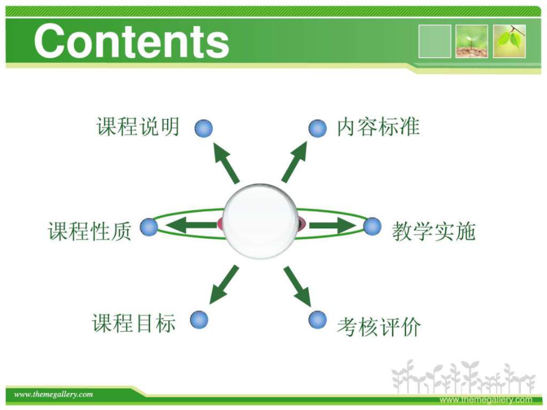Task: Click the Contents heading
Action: tap(131, 41)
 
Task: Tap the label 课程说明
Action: tap(138, 126)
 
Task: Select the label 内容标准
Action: tap(378, 126)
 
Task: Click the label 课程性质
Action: tap(89, 231)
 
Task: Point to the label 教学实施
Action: tap(433, 231)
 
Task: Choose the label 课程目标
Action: tap(134, 323)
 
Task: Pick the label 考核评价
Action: tap(379, 327)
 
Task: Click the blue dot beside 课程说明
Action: tap(204, 128)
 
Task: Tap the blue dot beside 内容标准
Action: tap(318, 128)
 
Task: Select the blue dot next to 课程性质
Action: tap(149, 227)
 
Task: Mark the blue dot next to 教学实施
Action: tap(372, 227)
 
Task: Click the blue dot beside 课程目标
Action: tap(199, 319)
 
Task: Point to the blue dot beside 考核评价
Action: tap(318, 319)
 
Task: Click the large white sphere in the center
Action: tap(260, 221)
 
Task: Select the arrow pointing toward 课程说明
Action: tap(225, 162)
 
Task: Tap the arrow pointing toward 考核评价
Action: tap(297, 286)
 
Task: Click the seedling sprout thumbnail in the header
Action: tap(472, 41)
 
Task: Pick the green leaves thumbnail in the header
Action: tap(509, 41)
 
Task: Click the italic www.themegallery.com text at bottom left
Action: tap(53, 395)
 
